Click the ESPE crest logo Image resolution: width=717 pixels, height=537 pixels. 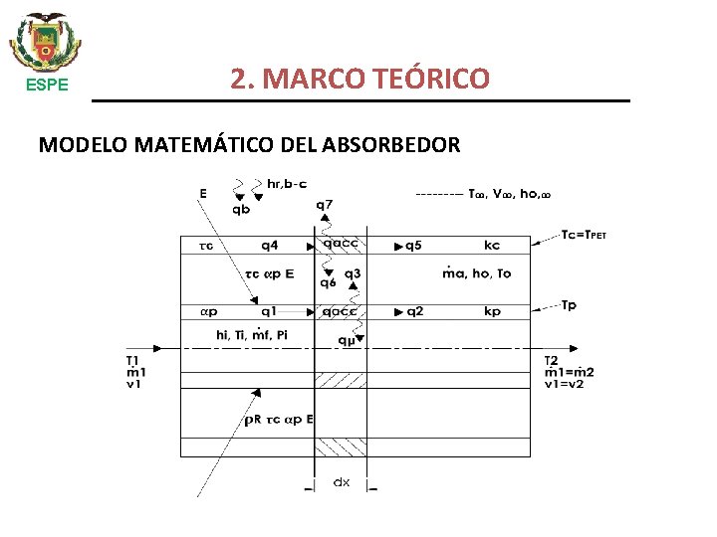click(46, 41)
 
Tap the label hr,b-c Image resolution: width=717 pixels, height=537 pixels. click(288, 182)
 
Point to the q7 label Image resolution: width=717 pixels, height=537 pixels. click(325, 205)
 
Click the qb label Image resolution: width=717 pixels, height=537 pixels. click(242, 210)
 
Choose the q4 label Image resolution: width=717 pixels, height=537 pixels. click(271, 245)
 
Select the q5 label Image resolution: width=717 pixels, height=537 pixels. click(415, 245)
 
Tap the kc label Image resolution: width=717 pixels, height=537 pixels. click(492, 245)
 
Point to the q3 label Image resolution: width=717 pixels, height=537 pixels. click(353, 273)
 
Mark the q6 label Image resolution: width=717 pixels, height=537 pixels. click(328, 282)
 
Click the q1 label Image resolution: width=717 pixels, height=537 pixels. click(271, 311)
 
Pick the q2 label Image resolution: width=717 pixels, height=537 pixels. click(415, 311)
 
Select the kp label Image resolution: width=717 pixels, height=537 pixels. click(492, 311)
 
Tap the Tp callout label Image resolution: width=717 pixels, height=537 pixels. click(569, 305)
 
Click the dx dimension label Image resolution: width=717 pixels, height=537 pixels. click(342, 482)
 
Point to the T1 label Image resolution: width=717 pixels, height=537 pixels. click(132, 360)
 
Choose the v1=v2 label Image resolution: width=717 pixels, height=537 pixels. click(568, 384)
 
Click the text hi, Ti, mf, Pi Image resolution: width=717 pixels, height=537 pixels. click(258, 335)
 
